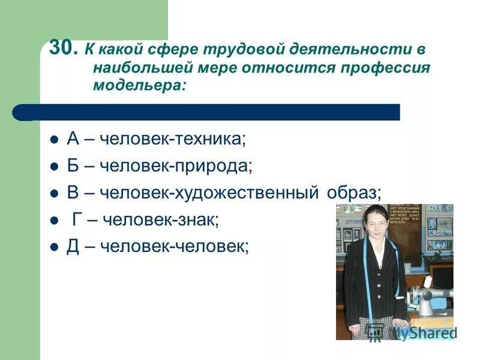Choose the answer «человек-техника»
(x=173, y=139)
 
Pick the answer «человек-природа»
(x=176, y=166)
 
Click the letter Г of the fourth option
(x=77, y=220)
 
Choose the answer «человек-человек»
(x=174, y=247)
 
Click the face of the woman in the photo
(x=374, y=222)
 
